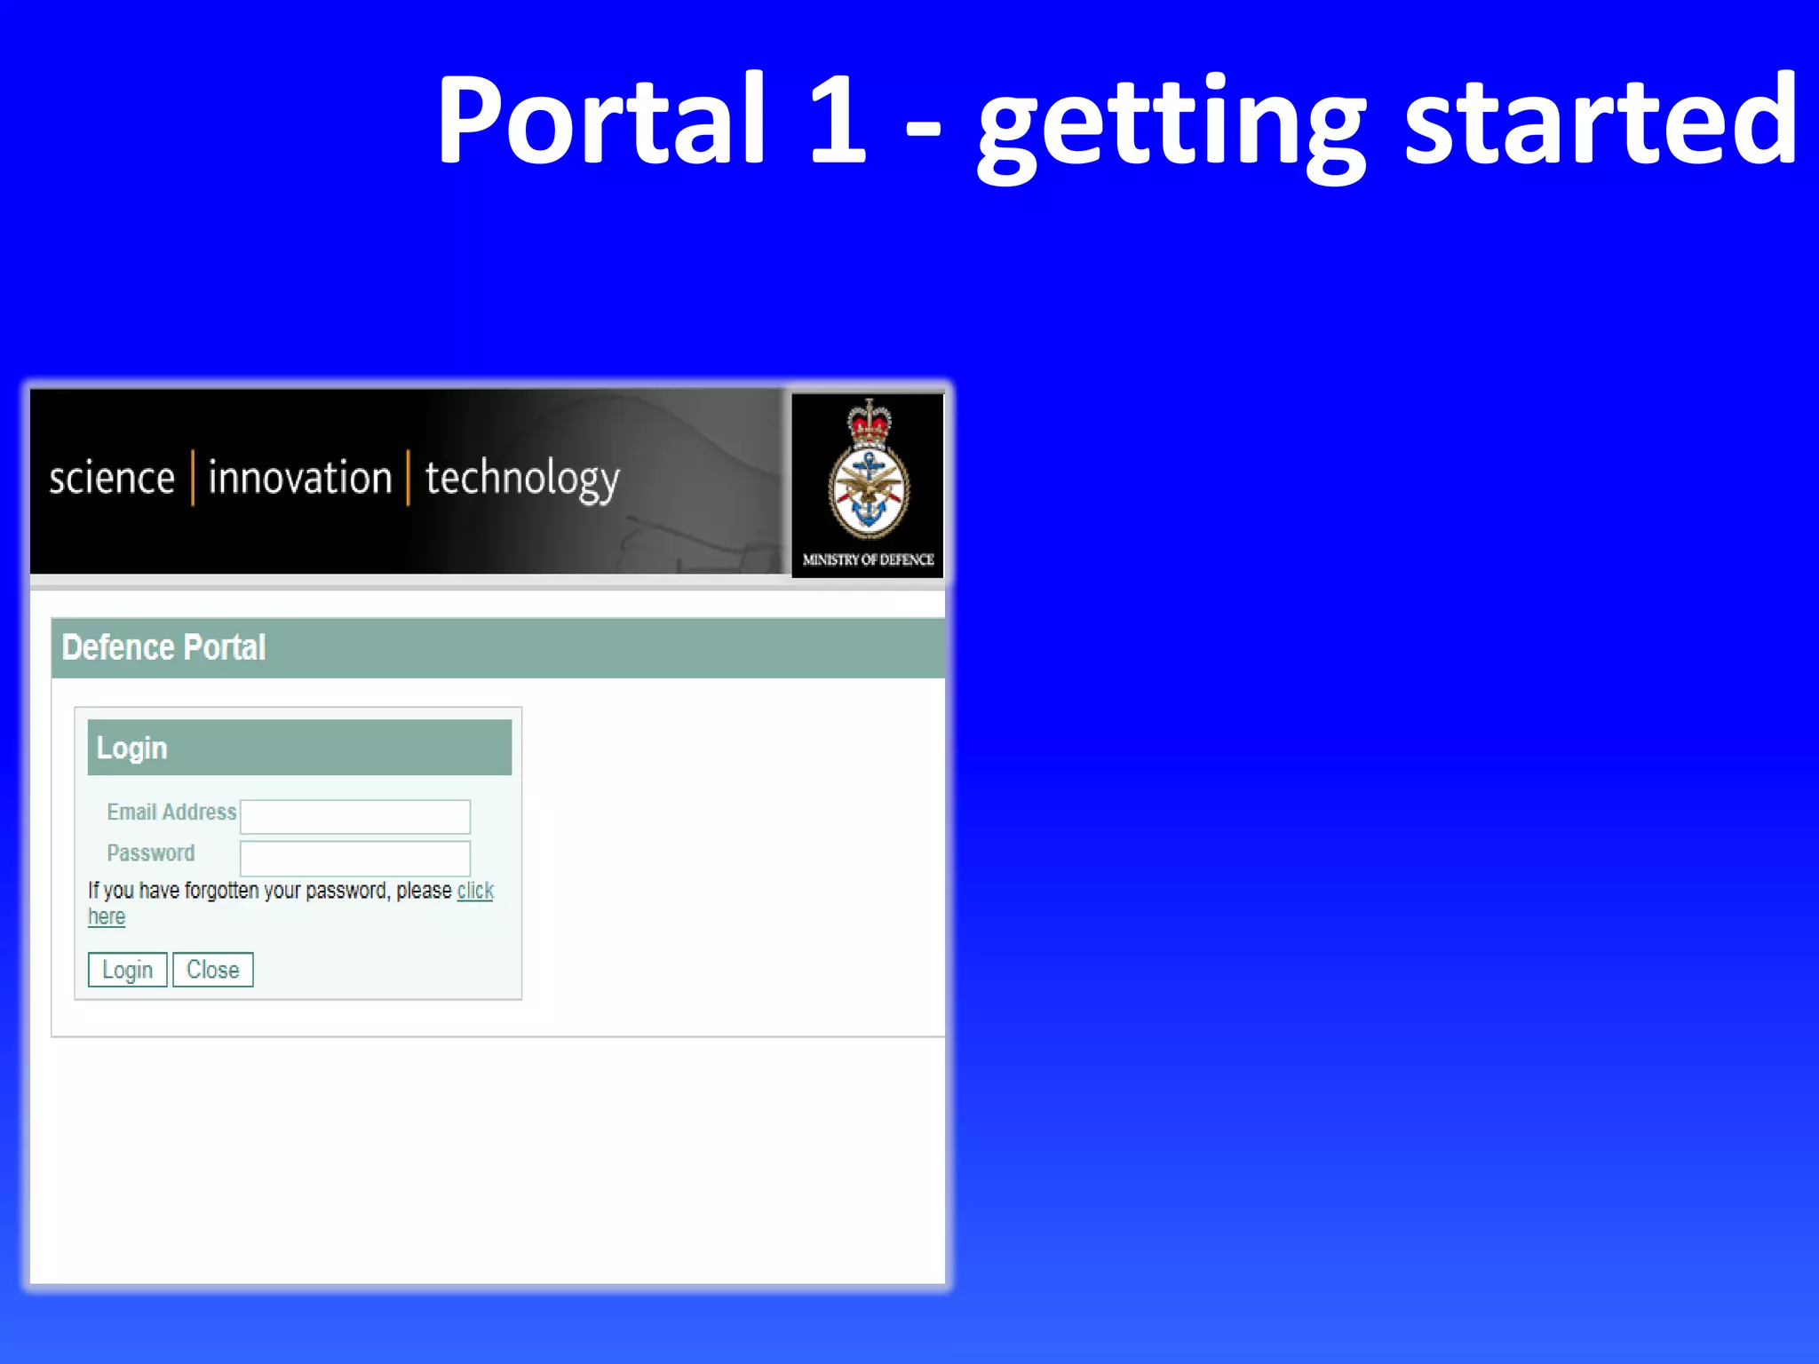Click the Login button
pyautogui.click(x=127, y=970)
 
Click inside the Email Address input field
pyautogui.click(x=355, y=816)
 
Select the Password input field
pyautogui.click(x=355, y=858)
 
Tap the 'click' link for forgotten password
pyautogui.click(x=475, y=891)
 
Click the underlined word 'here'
pyautogui.click(x=107, y=917)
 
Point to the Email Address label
pyautogui.click(x=171, y=812)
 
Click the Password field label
pyautogui.click(x=151, y=853)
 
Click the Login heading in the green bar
pyautogui.click(x=131, y=748)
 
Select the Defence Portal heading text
pyautogui.click(x=164, y=647)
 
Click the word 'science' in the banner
pyautogui.click(x=112, y=479)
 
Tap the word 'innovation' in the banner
pyautogui.click(x=300, y=478)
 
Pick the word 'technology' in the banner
pyautogui.click(x=522, y=480)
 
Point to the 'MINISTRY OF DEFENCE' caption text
pyautogui.click(x=868, y=559)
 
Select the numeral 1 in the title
pyautogui.click(x=837, y=120)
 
